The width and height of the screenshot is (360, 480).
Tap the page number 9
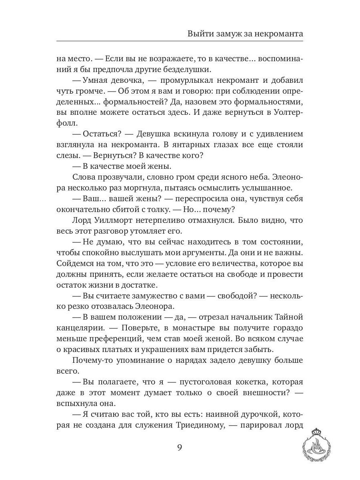pyautogui.click(x=180, y=447)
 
